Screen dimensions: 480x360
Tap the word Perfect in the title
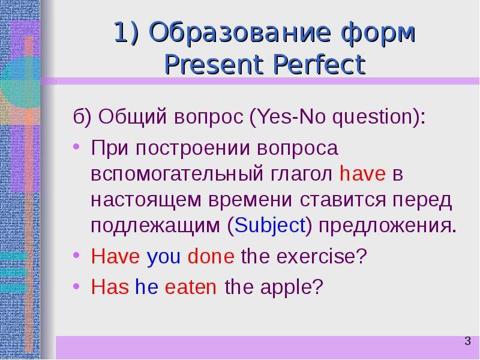319,65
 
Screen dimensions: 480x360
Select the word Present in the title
214,65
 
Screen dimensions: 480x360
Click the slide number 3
467,341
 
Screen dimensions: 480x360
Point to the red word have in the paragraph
362,173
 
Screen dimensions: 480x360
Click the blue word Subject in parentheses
270,226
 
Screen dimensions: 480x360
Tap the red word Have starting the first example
115,256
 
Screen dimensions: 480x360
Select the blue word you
164,257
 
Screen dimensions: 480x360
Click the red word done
211,256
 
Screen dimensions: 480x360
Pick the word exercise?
322,256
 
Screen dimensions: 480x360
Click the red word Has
110,287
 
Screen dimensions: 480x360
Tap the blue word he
146,287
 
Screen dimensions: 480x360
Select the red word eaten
190,287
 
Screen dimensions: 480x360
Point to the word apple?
292,288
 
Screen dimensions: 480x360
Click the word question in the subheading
373,118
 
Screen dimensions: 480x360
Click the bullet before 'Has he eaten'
77,287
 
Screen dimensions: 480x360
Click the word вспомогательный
177,174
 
